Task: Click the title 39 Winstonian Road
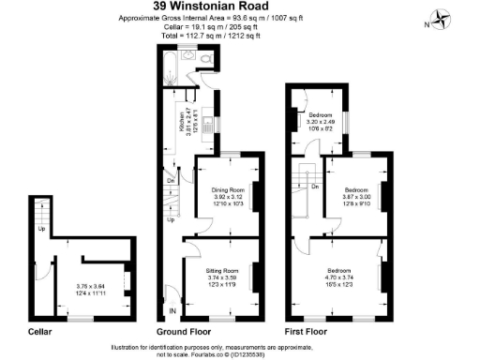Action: click(240, 7)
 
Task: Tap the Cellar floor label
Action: click(39, 332)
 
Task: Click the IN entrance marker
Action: click(172, 310)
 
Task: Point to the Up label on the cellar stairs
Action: click(42, 228)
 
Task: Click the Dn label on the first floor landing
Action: click(313, 187)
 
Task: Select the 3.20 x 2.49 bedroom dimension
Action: click(321, 123)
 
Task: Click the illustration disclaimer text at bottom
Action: click(239, 348)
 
